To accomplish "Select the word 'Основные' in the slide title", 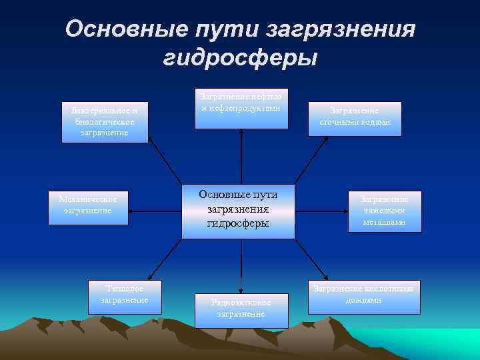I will click(x=124, y=29).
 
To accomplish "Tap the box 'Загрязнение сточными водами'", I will click(x=355, y=119).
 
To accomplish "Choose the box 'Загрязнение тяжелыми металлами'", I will click(x=385, y=211).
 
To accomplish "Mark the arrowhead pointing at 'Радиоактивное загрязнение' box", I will click(x=241, y=290).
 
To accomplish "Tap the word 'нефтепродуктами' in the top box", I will click(x=243, y=109).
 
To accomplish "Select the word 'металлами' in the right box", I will click(x=385, y=222).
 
